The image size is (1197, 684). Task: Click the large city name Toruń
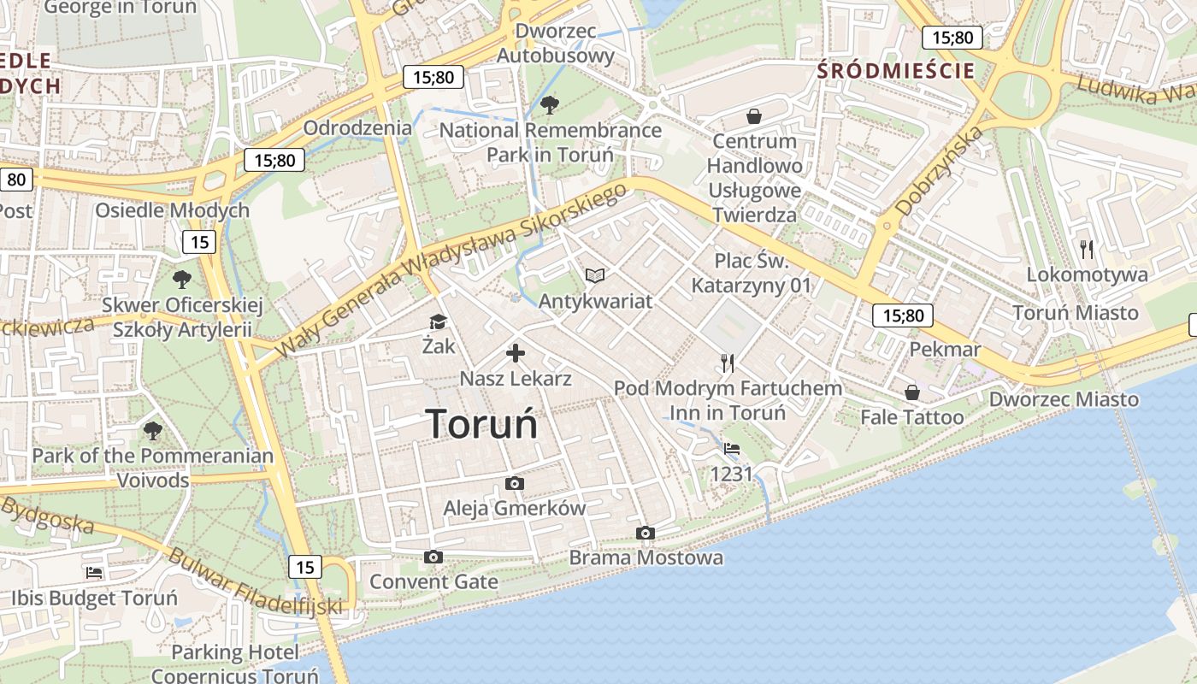[x=482, y=424]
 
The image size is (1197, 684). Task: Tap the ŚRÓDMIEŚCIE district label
[x=896, y=70]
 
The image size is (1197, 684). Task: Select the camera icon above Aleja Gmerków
[x=514, y=483]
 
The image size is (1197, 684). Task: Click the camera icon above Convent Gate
[x=433, y=557]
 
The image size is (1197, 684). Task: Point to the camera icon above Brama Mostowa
[x=646, y=534]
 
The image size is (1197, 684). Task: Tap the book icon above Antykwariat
[x=595, y=275]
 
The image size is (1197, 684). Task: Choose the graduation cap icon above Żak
[x=438, y=321]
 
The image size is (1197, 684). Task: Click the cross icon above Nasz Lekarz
[x=516, y=352]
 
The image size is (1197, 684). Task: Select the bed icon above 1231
[x=732, y=448]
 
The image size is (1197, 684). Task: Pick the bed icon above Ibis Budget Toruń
[x=94, y=572]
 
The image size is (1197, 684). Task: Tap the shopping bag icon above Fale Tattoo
[x=912, y=392]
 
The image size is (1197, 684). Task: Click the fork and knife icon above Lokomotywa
[x=1087, y=249]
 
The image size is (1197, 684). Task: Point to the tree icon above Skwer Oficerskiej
[x=181, y=279]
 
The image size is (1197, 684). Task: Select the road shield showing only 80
[x=17, y=180]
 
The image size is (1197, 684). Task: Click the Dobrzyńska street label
[x=940, y=170]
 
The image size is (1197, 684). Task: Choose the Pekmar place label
[x=945, y=349]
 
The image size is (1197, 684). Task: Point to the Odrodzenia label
[x=357, y=128]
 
